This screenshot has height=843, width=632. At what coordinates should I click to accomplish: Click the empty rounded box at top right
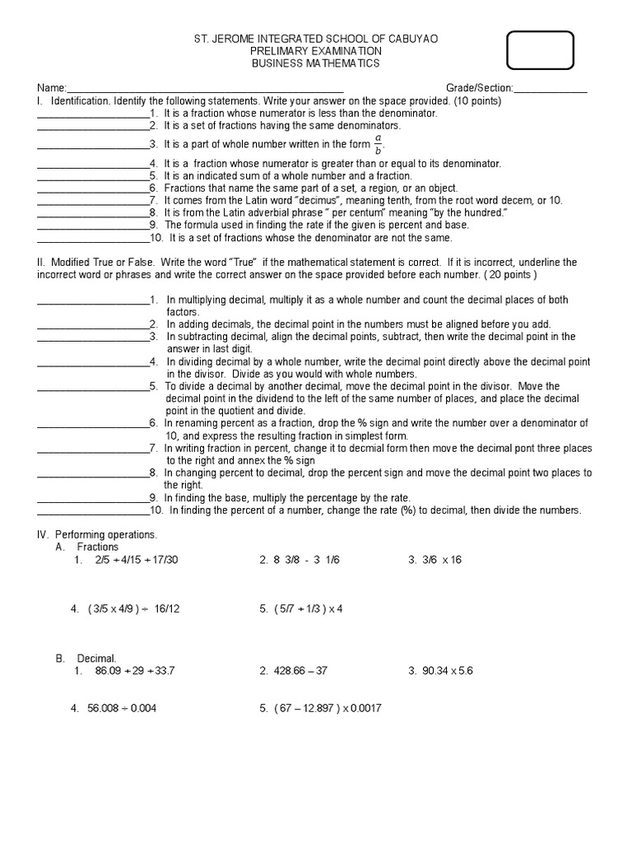point(541,50)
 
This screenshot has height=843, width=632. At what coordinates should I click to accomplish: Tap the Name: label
point(50,88)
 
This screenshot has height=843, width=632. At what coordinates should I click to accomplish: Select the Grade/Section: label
point(480,88)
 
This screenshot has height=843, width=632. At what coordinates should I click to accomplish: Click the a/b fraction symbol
point(379,144)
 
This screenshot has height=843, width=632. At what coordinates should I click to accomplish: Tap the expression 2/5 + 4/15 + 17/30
point(136,560)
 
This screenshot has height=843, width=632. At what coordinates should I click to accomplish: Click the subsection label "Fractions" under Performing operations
point(98,547)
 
